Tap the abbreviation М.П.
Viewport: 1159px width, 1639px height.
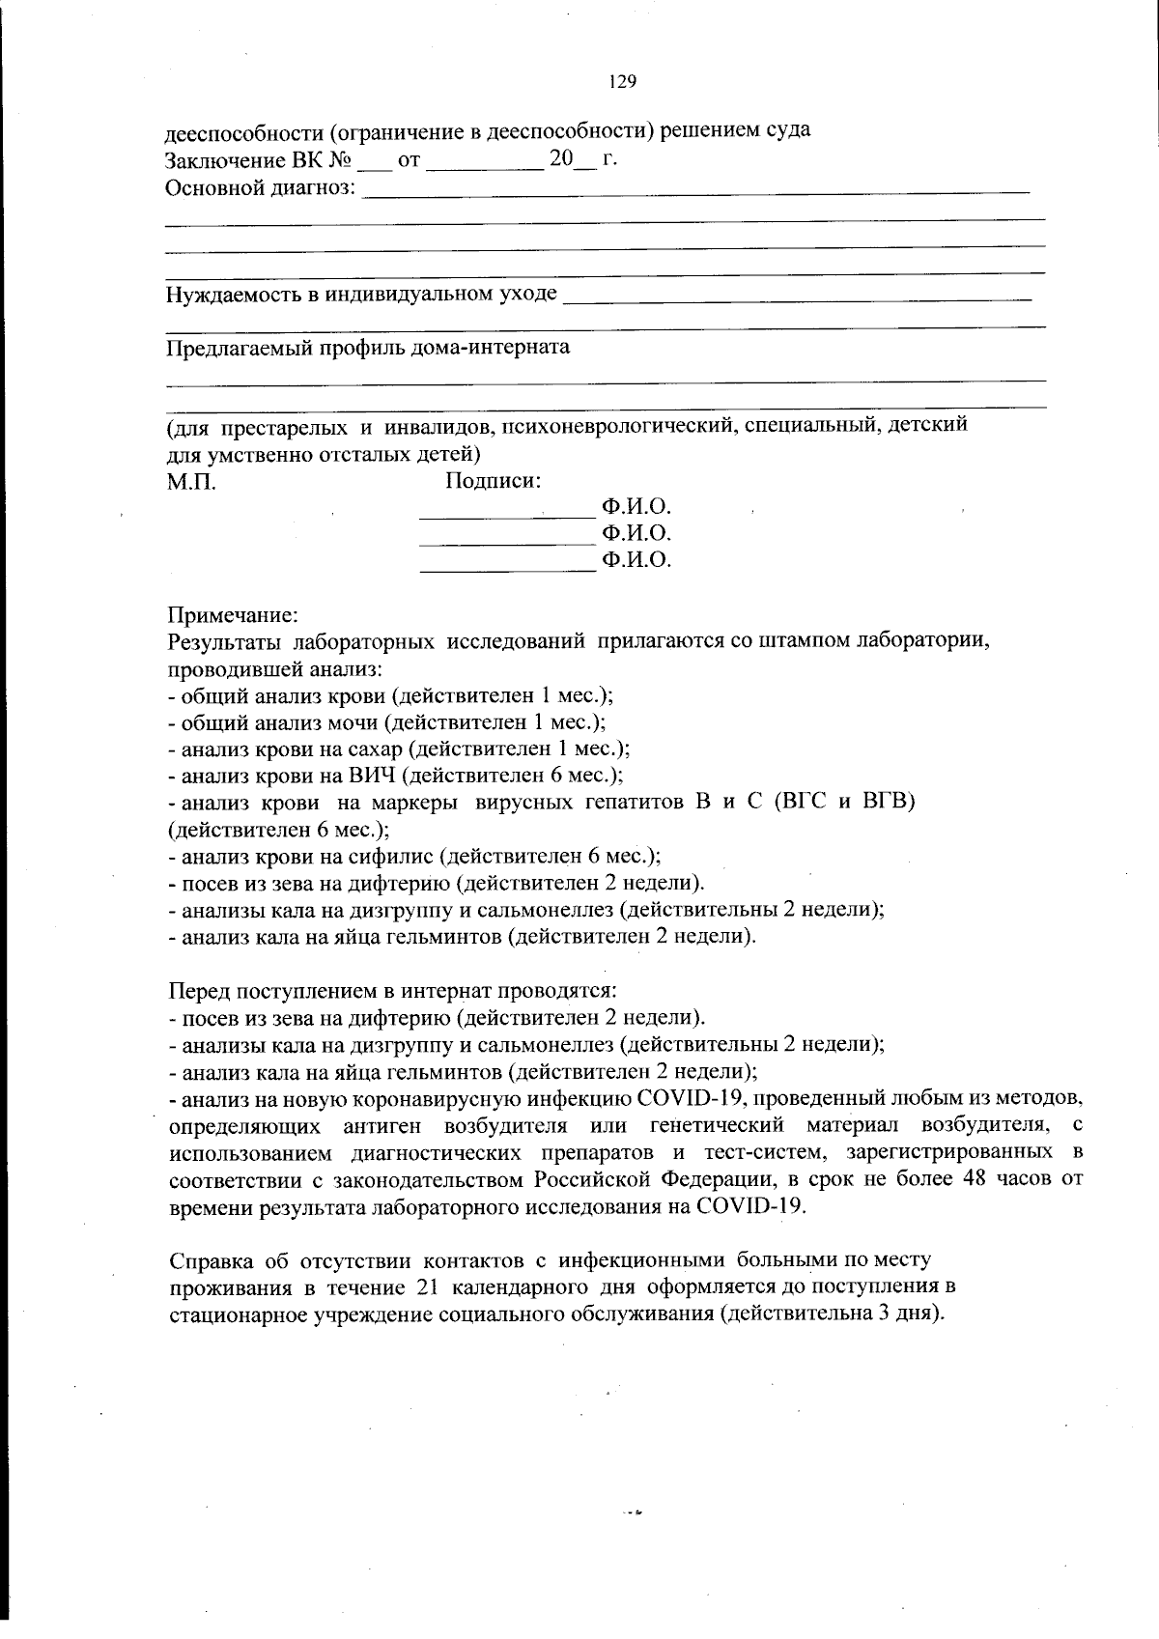[191, 482]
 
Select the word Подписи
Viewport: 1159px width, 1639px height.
[493, 481]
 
